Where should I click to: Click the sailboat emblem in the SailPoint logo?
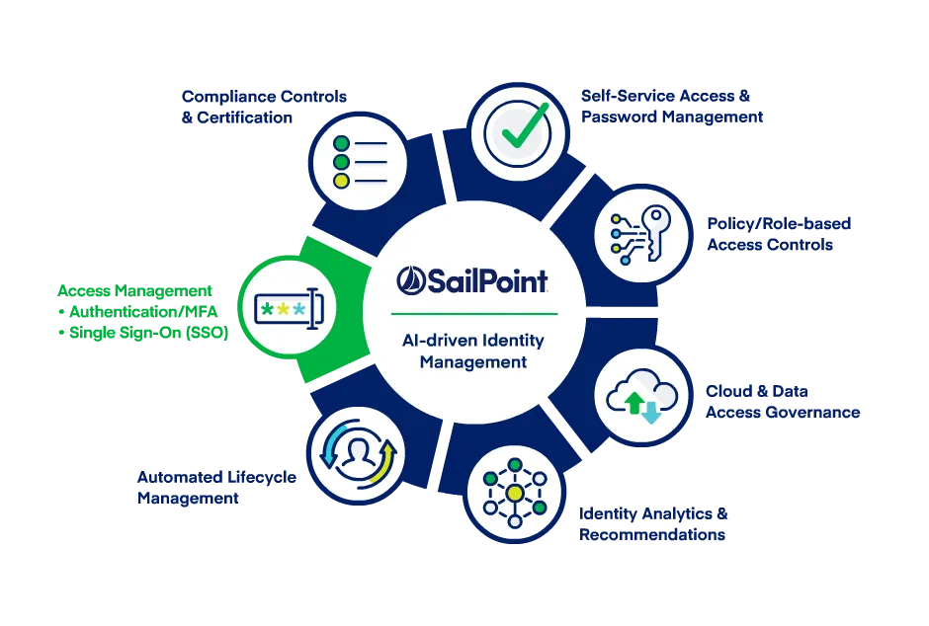coord(411,280)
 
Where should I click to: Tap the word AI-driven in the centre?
coord(435,341)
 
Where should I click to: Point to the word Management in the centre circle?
coord(472,362)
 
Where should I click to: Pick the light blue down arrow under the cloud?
coord(650,412)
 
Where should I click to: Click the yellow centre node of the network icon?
coord(515,491)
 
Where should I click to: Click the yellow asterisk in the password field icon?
coord(284,309)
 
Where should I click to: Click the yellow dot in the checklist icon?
coord(342,181)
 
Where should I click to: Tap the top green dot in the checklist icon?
coord(342,144)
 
